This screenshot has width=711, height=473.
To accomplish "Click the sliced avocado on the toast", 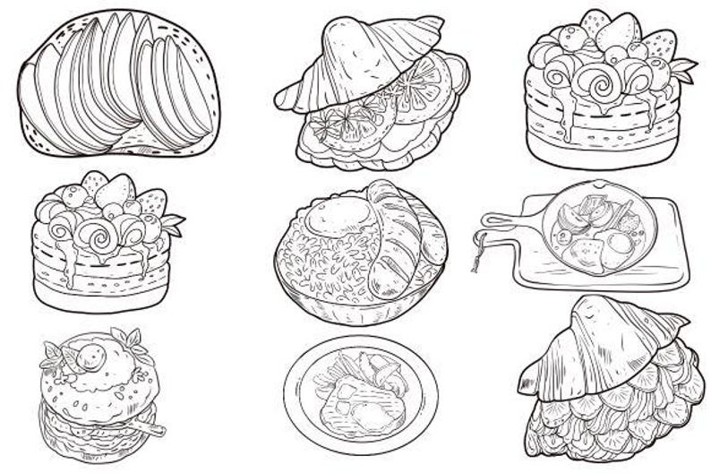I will click(116, 85).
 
